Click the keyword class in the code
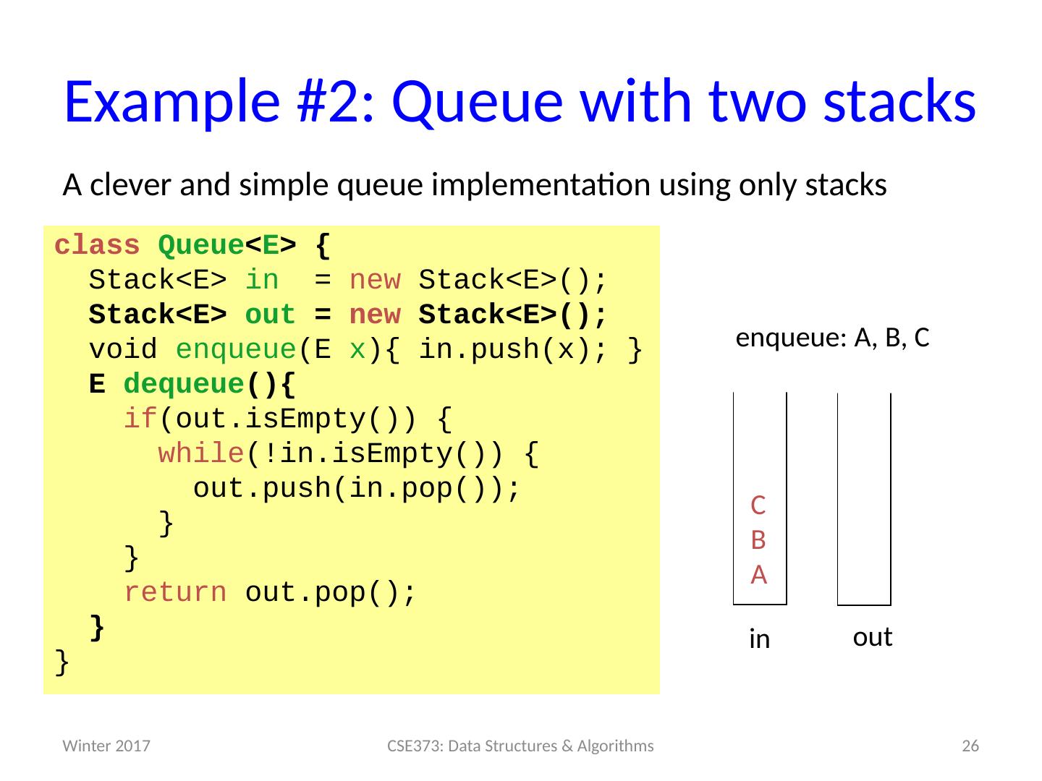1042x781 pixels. tap(97, 246)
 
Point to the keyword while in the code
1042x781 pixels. tap(200, 454)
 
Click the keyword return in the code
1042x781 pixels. tap(174, 593)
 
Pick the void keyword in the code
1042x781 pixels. tap(123, 350)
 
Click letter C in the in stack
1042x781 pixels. tap(758, 505)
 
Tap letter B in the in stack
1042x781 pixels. tap(758, 539)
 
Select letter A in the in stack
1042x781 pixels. tap(758, 575)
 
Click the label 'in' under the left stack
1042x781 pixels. tap(759, 639)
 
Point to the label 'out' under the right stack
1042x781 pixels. tap(872, 638)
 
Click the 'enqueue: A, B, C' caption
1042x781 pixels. tap(832, 338)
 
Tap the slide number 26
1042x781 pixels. tap(970, 746)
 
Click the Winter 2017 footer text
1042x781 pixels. tap(106, 746)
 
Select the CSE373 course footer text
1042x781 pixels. tap(520, 746)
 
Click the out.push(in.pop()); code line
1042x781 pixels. tap(357, 489)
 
